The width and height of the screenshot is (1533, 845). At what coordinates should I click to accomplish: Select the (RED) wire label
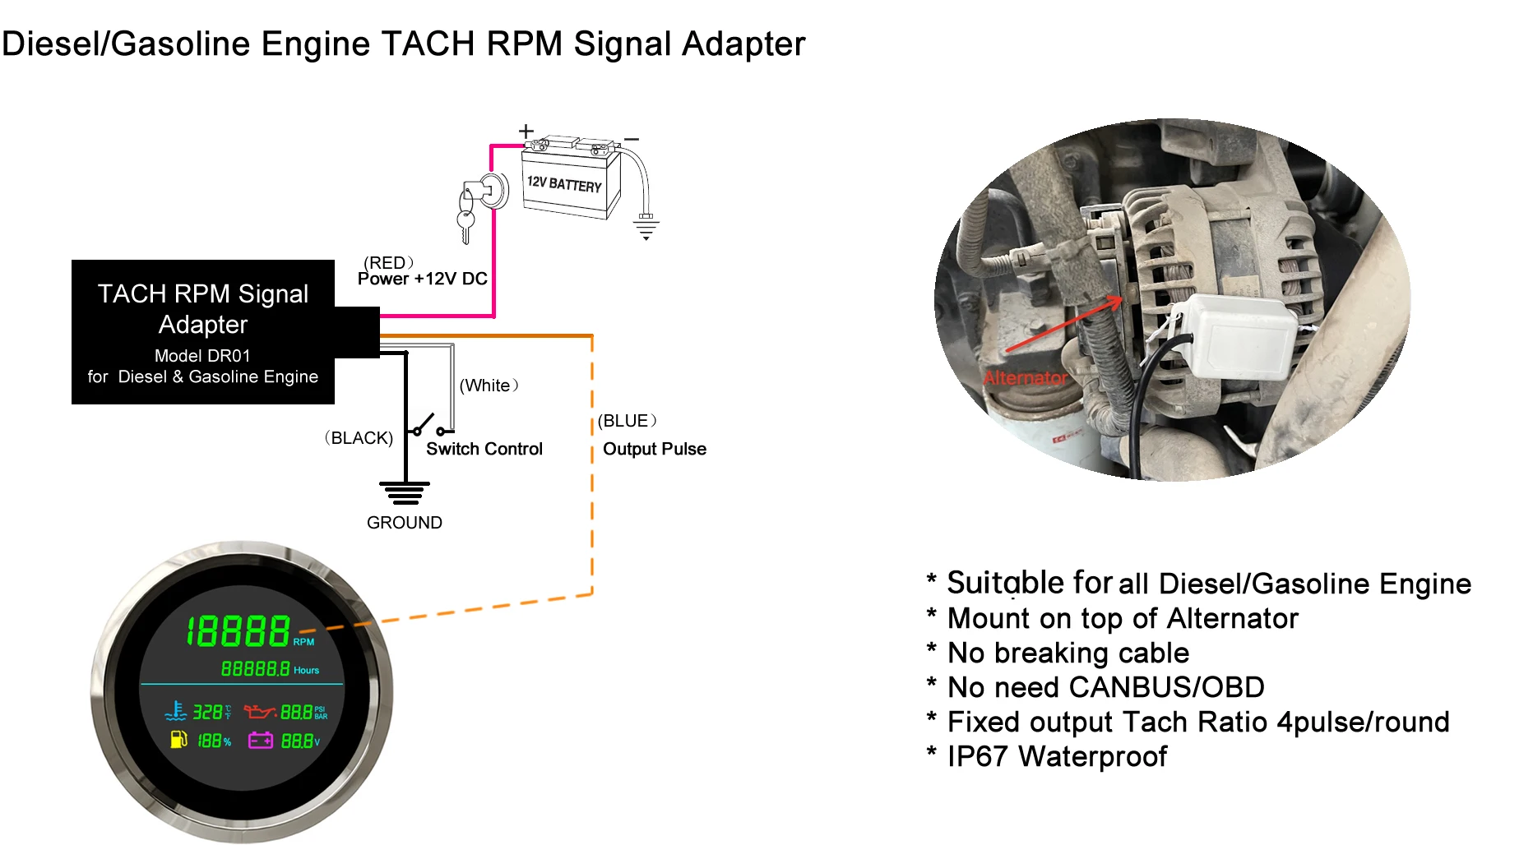coord(388,263)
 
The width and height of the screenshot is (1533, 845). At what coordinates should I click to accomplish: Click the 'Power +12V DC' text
coord(423,279)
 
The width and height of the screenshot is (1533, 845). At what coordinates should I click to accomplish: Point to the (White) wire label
coord(489,386)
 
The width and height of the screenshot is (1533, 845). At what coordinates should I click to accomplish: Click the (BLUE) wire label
coord(627,421)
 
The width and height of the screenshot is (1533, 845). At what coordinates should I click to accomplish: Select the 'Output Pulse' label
coord(655,449)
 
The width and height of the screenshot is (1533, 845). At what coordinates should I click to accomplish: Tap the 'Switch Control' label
coord(484,449)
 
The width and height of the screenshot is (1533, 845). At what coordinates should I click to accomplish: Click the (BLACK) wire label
coord(359,438)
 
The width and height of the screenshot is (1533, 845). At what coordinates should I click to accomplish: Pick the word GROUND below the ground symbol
coord(405,523)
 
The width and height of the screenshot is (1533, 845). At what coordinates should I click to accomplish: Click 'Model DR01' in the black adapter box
coord(202,356)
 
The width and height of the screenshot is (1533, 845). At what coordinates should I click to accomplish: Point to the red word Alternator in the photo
coord(1025,378)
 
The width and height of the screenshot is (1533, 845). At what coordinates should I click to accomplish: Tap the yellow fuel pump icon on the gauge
coord(178,740)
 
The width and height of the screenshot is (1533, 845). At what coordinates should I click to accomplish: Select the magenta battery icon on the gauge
coord(261,741)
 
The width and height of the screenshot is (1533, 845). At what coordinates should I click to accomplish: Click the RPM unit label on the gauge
coord(303,642)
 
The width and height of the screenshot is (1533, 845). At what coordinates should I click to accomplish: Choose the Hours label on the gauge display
coord(306,671)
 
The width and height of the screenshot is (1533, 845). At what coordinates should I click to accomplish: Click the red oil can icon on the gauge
coord(259,711)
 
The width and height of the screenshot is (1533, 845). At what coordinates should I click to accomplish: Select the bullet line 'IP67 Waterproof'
coord(1057,756)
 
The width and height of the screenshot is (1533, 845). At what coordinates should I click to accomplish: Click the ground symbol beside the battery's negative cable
coord(646,226)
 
